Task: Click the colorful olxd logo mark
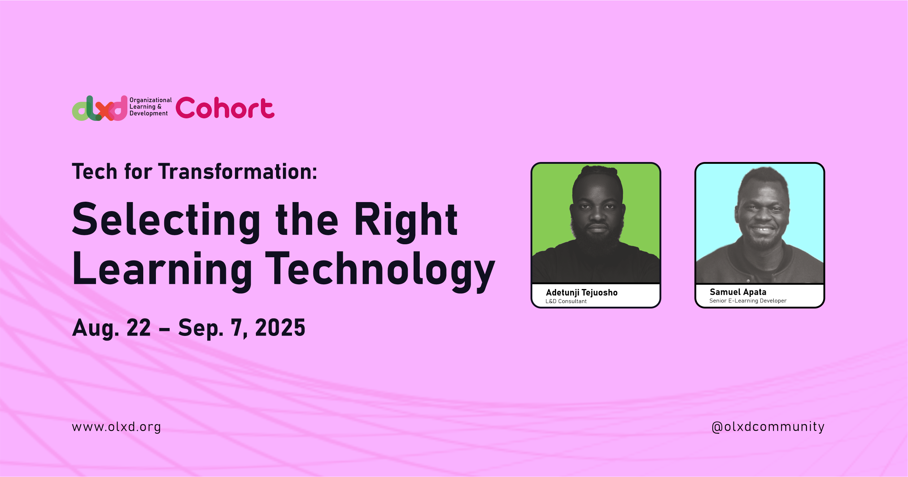(x=100, y=108)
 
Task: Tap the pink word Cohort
(x=225, y=108)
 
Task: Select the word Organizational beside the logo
(x=150, y=100)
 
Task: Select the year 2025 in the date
(x=280, y=328)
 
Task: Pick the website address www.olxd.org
(x=116, y=427)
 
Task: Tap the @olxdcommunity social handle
(x=768, y=427)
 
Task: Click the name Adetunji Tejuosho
(x=582, y=293)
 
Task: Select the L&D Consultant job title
(x=566, y=301)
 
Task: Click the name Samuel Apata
(x=738, y=292)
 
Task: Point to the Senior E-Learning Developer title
(x=748, y=301)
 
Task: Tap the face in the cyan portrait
(x=762, y=216)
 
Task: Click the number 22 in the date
(x=139, y=328)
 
